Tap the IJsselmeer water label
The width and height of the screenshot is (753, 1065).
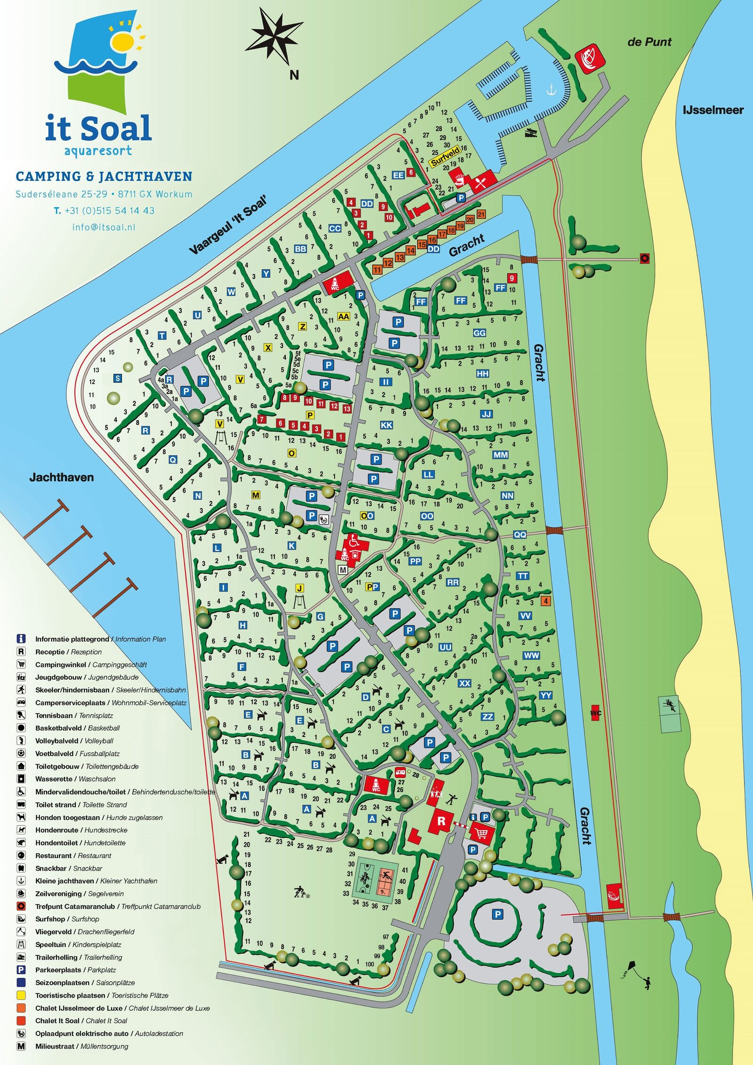coord(713,110)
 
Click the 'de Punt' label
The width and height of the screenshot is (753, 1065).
coord(649,42)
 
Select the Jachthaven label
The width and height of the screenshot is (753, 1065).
coord(62,477)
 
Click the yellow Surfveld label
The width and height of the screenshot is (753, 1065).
coord(445,157)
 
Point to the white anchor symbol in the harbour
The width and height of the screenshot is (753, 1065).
coord(551,89)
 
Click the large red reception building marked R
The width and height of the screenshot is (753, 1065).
coord(441,821)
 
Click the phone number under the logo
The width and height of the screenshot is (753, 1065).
coord(104,210)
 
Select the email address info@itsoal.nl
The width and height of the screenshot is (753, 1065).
coord(104,227)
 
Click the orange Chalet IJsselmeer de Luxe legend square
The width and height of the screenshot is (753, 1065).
coord(21,1008)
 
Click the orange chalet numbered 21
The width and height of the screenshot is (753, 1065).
coord(481,215)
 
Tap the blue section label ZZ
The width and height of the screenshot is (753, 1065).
coord(488,717)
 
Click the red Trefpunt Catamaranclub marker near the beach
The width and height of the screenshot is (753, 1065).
coord(644,258)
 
